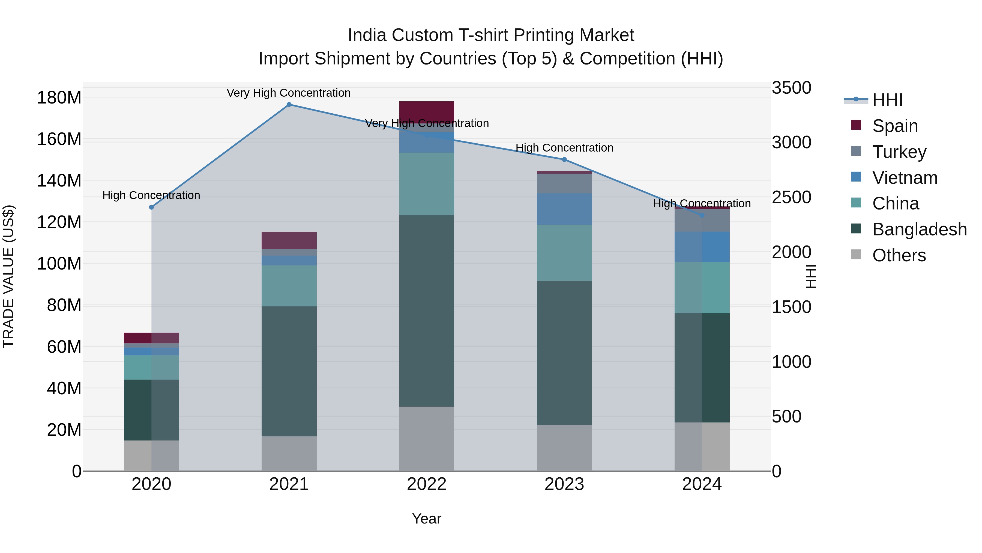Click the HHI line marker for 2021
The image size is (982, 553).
click(289, 105)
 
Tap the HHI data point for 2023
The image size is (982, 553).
click(564, 159)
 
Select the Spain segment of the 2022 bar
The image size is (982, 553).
click(427, 111)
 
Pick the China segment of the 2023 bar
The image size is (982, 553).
click(564, 253)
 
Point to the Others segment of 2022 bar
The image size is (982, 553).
click(427, 439)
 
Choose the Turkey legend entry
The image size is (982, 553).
click(899, 152)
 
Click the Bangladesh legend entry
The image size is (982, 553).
click(919, 230)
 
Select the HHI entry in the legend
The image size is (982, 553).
click(887, 100)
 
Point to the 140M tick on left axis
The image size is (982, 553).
click(59, 181)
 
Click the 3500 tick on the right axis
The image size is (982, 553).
click(791, 88)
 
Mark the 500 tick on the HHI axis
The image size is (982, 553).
click(786, 417)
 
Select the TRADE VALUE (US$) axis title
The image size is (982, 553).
click(8, 276)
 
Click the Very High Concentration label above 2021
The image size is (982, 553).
click(289, 93)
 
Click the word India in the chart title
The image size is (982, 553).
click(367, 36)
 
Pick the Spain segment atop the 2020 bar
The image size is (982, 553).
click(151, 338)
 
